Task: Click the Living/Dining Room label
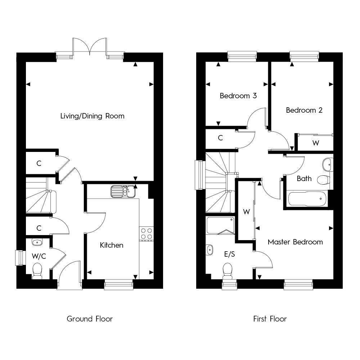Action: [x=92, y=116]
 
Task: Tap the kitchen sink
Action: [x=123, y=191]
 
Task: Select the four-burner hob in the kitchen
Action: [x=147, y=234]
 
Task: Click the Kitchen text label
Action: [x=111, y=245]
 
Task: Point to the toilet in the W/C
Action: [x=37, y=271]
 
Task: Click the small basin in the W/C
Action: [x=37, y=242]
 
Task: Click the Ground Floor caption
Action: [x=90, y=319]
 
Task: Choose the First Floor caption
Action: [x=270, y=319]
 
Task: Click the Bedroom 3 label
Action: [x=238, y=96]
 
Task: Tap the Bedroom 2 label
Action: [x=304, y=110]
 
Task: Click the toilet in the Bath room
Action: [x=323, y=180]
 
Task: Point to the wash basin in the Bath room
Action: [x=328, y=165]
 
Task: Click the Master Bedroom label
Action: [x=295, y=242]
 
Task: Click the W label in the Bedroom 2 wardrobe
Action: [x=316, y=143]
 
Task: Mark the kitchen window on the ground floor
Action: [x=119, y=285]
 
